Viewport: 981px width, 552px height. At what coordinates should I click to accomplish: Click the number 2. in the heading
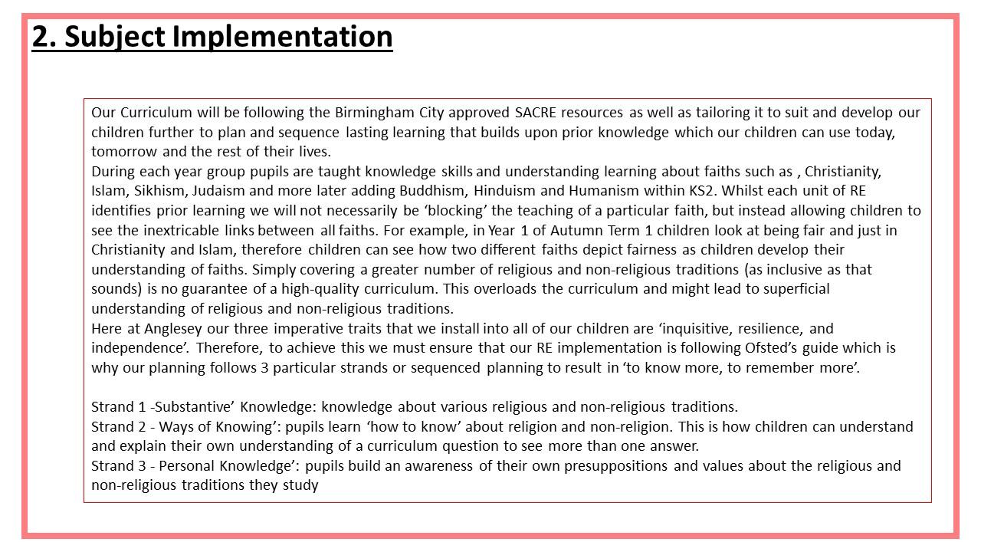(44, 36)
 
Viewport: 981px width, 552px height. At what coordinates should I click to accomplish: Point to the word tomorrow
(124, 152)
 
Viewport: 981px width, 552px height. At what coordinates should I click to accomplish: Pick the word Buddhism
(438, 191)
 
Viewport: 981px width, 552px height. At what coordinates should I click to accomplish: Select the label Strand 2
(113, 426)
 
